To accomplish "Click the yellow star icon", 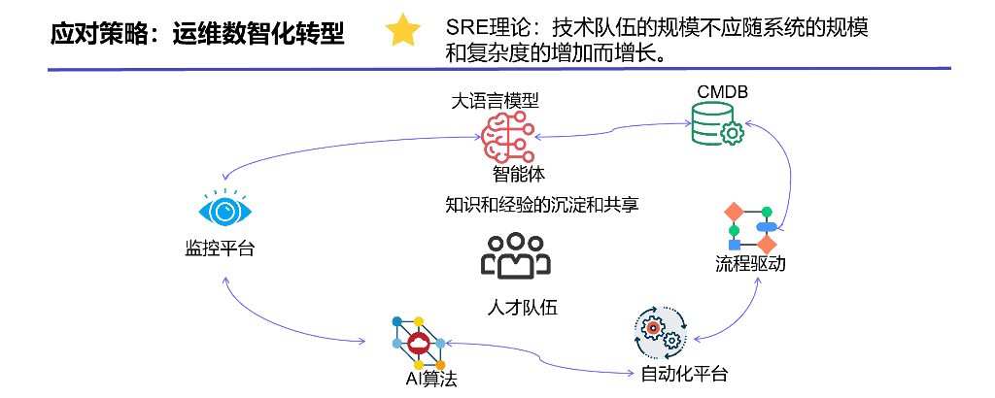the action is [402, 31].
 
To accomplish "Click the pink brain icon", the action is [505, 136].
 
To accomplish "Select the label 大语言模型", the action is [496, 100].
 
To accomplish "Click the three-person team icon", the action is [516, 255].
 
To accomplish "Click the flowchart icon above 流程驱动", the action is [752, 227].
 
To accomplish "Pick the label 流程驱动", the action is [750, 264].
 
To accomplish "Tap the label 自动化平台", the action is [684, 374].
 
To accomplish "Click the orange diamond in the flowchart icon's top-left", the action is [734, 212].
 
